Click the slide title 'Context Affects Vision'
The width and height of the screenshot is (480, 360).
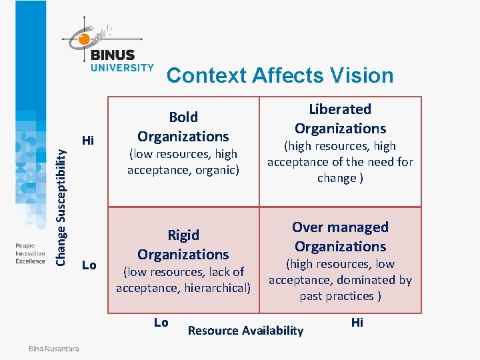(x=280, y=75)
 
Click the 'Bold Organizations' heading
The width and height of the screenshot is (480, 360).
(x=183, y=127)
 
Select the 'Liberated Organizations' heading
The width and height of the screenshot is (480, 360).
(x=340, y=119)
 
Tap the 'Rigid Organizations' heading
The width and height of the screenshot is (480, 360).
(x=183, y=245)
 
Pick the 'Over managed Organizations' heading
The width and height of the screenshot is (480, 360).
(x=340, y=237)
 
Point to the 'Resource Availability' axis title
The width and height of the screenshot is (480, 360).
(x=245, y=330)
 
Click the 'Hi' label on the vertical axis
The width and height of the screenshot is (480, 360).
(x=88, y=140)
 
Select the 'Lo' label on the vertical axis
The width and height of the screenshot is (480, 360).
(x=89, y=265)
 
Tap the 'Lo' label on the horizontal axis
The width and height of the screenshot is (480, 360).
(x=161, y=323)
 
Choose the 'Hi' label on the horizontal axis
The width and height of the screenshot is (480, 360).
(x=357, y=323)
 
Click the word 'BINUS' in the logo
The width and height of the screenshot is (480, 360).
(x=112, y=55)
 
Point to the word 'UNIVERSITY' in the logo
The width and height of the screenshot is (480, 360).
(x=122, y=67)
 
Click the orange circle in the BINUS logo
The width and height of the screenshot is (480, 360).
(x=84, y=39)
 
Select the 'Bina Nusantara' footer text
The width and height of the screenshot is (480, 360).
(x=53, y=349)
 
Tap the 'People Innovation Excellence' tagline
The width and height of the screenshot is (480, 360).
(x=30, y=253)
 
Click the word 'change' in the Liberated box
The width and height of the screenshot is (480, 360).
(x=336, y=178)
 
